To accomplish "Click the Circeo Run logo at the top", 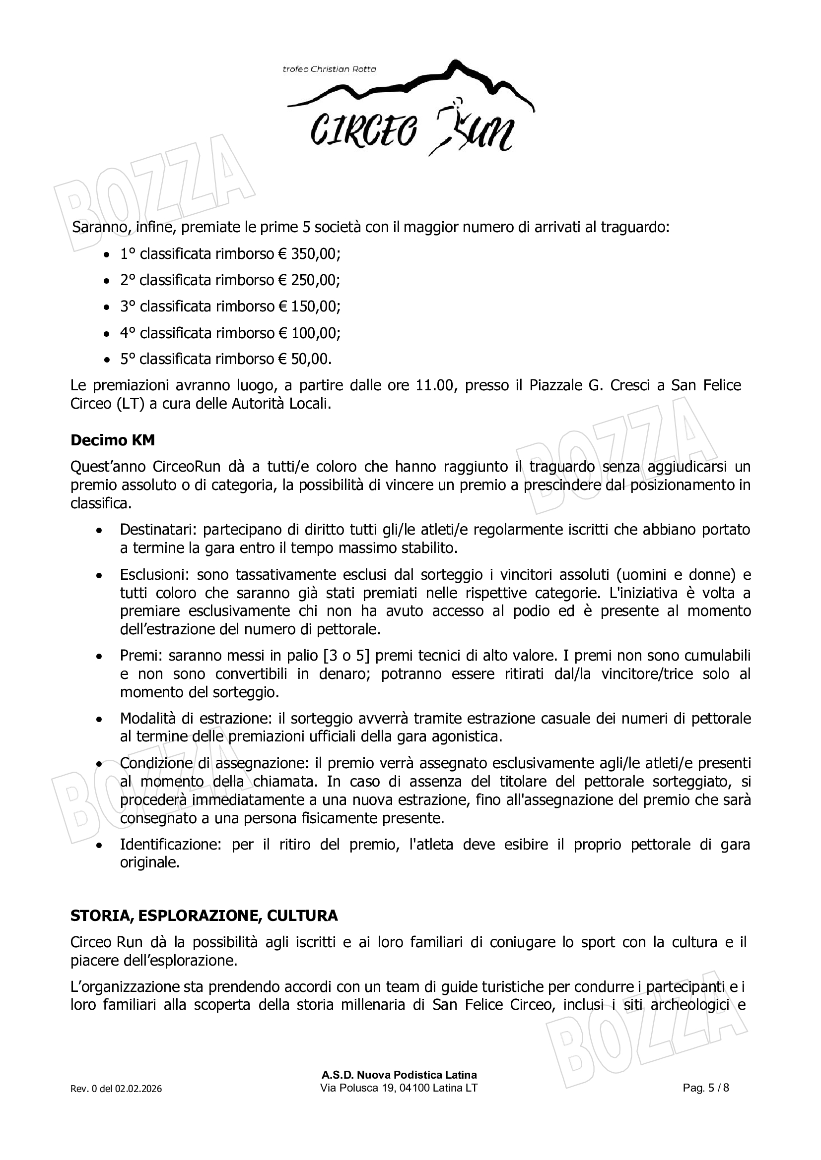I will (x=410, y=109).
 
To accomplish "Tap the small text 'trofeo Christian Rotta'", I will (x=329, y=69).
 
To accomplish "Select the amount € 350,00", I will (x=308, y=254).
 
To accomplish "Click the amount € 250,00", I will (x=308, y=280).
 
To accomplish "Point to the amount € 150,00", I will (x=308, y=306).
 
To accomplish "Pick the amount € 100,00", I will (x=308, y=333).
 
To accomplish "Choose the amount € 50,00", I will (x=304, y=359).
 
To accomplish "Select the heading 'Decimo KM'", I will (x=113, y=440).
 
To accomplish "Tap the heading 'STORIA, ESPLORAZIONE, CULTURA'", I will (x=204, y=916).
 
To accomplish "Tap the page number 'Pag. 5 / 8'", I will (x=706, y=1088).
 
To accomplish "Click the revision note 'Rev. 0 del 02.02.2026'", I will (x=116, y=1089).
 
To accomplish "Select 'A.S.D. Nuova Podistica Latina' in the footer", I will (x=399, y=1075).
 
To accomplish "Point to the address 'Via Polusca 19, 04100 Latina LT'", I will (x=399, y=1088).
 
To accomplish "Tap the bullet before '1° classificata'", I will (x=106, y=255).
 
